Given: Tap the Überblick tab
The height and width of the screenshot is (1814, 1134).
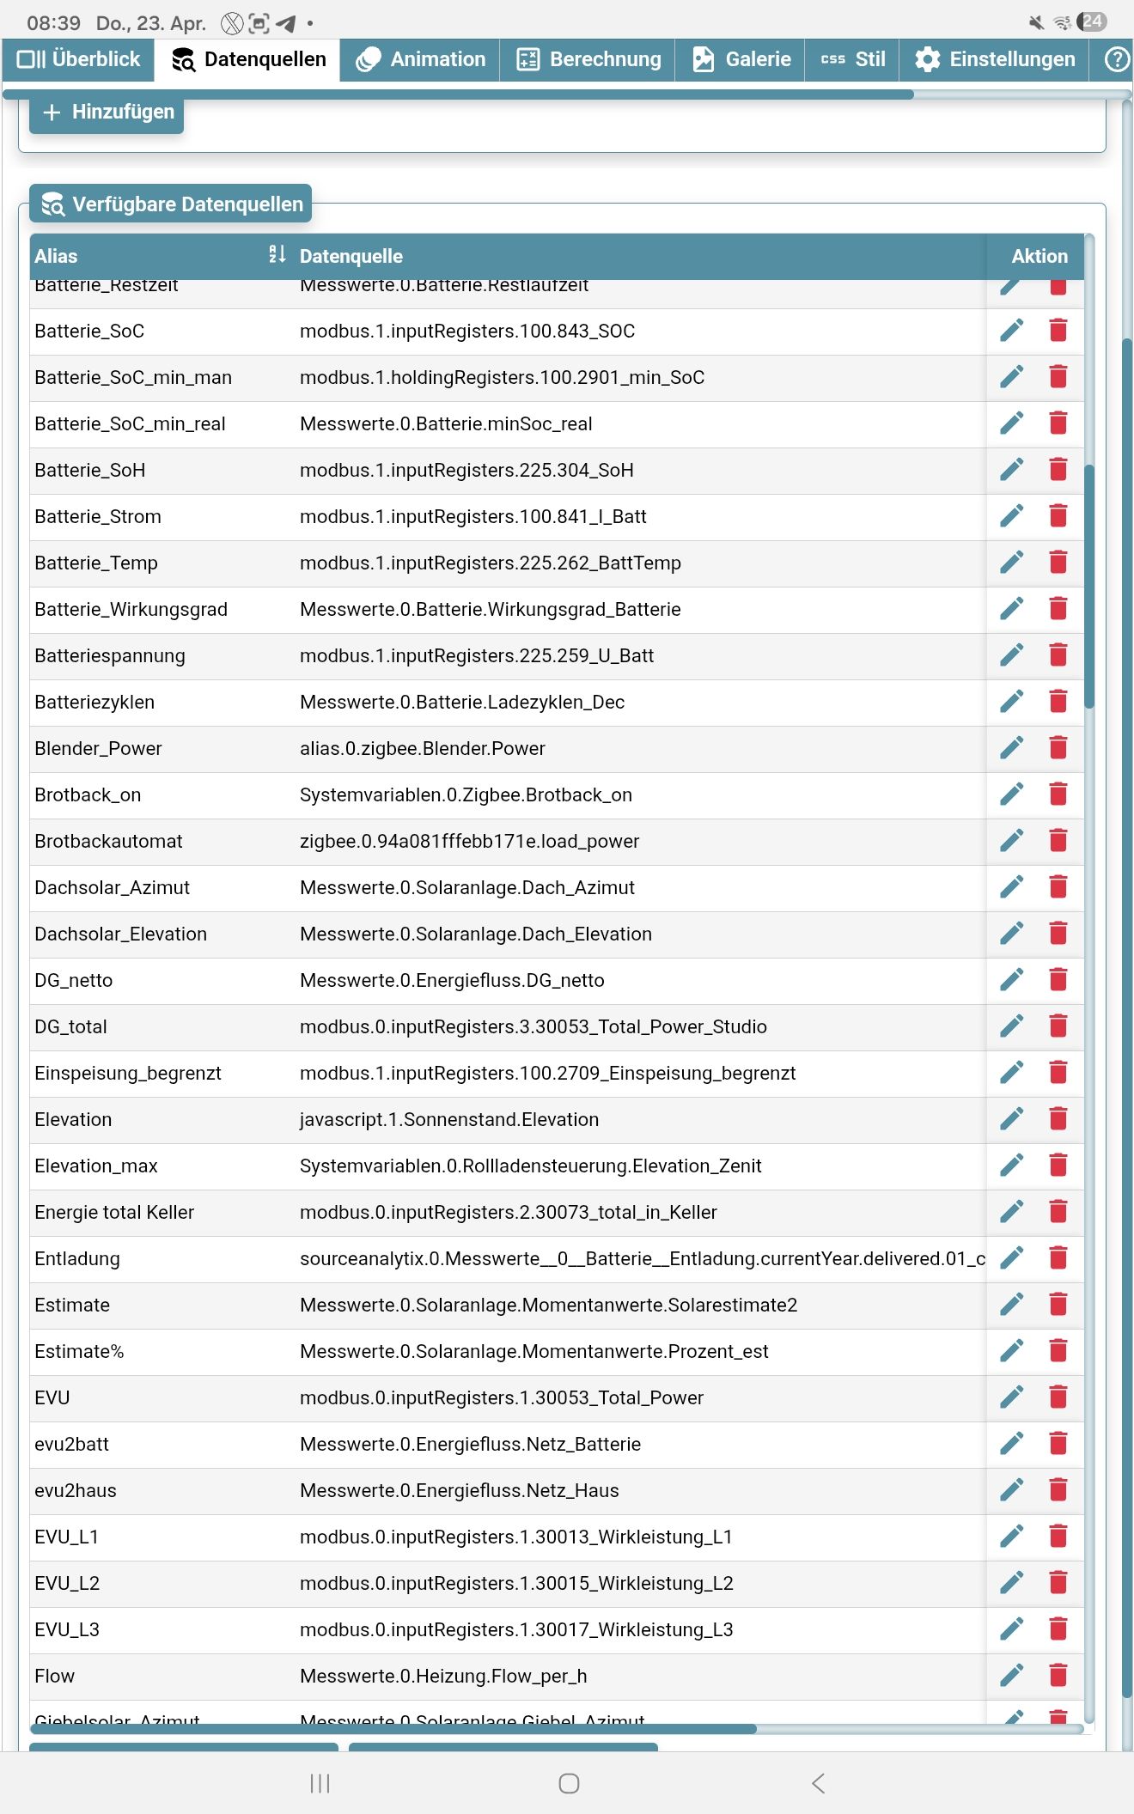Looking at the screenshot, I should pyautogui.click(x=79, y=59).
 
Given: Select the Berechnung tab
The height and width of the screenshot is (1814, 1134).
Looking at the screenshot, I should pyautogui.click(x=588, y=59).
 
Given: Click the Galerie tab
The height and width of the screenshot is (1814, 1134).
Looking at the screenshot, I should pyautogui.click(x=741, y=59).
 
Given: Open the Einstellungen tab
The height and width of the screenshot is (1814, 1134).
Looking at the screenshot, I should pyautogui.click(x=995, y=59).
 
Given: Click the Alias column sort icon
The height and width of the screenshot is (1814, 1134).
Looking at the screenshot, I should pyautogui.click(x=277, y=254).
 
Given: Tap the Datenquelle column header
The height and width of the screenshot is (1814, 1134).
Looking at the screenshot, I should pyautogui.click(x=351, y=256).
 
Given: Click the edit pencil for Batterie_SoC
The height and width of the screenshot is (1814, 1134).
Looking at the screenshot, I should pyautogui.click(x=1012, y=331).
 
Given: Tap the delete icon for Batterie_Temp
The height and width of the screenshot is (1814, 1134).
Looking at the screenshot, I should pyautogui.click(x=1058, y=563).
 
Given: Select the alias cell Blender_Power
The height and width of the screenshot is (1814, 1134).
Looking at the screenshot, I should pyautogui.click(x=98, y=748).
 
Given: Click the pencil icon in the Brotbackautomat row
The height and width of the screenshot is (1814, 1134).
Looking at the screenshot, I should pyautogui.click(x=1012, y=841).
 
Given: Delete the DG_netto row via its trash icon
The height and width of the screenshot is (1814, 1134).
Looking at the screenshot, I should pyautogui.click(x=1058, y=980).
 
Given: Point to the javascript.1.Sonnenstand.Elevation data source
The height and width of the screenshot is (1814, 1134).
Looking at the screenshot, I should pyautogui.click(x=449, y=1119).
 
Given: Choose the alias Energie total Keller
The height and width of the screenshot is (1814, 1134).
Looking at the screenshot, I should pyautogui.click(x=114, y=1212).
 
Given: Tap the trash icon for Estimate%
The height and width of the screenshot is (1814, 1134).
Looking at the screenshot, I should pyautogui.click(x=1058, y=1351).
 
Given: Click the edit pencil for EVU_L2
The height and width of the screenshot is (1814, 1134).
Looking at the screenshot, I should pyautogui.click(x=1012, y=1583).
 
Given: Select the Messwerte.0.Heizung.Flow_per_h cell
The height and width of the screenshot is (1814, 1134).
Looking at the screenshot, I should pyautogui.click(x=443, y=1676).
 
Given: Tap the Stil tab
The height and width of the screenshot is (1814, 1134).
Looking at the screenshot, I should pyautogui.click(x=853, y=59).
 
